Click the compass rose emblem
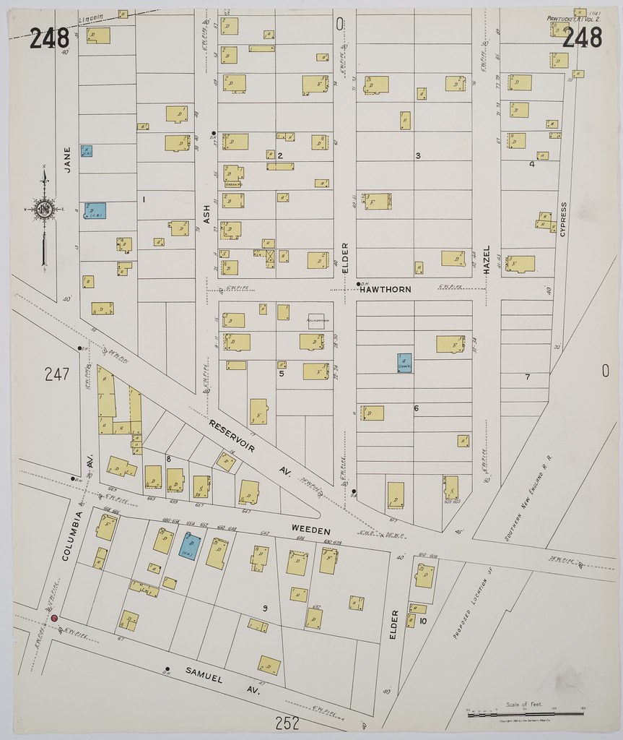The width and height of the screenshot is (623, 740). [x=44, y=210]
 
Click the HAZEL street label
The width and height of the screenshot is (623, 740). [x=487, y=259]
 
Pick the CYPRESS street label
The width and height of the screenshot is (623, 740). [x=563, y=218]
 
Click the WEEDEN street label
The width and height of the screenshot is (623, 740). [x=310, y=530]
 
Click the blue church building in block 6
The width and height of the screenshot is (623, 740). [x=404, y=363]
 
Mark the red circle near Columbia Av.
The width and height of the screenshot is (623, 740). [x=53, y=618]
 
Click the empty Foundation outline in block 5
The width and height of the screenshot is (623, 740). [x=316, y=319]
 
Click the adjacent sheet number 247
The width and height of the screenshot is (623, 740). [x=56, y=374]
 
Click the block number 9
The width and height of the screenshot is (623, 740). [x=265, y=608]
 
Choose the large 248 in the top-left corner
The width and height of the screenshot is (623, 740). [x=49, y=38]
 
